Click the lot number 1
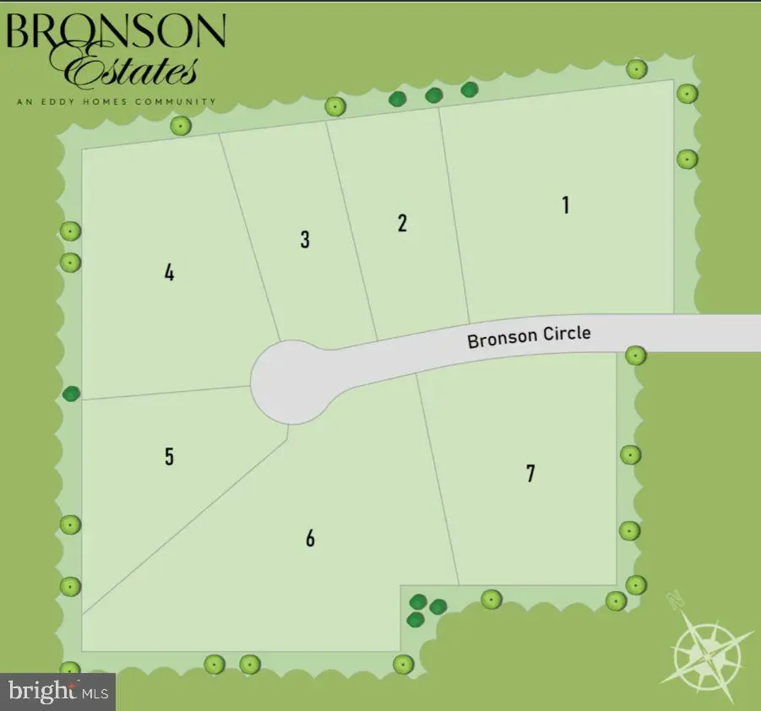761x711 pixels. click(566, 204)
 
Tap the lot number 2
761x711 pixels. click(402, 223)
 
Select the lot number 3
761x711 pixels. click(305, 239)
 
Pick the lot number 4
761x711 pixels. click(170, 273)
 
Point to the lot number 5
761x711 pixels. click(170, 457)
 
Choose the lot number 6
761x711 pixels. click(310, 538)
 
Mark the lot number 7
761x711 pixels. click(530, 473)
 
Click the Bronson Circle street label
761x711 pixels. click(529, 336)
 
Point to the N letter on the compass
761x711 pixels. click(674, 601)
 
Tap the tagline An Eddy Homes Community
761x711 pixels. click(115, 102)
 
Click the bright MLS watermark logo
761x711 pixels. click(57, 692)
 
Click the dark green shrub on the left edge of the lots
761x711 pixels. click(72, 393)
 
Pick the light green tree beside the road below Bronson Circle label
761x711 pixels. click(635, 355)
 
